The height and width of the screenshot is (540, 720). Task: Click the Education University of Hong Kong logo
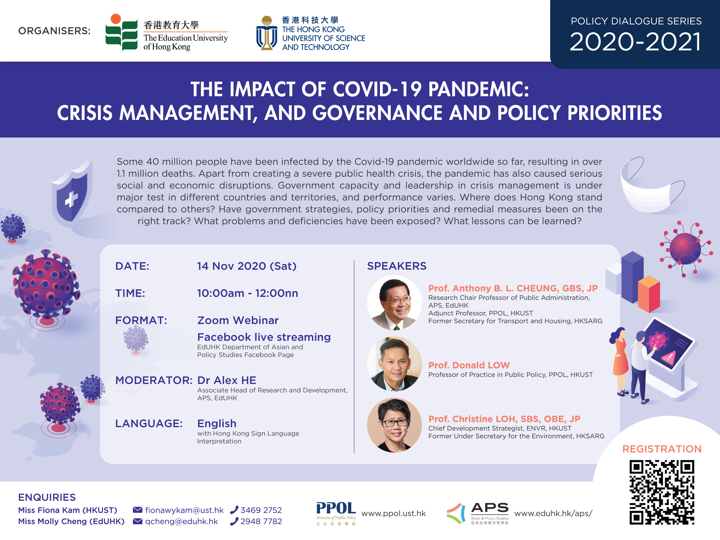(x=167, y=32)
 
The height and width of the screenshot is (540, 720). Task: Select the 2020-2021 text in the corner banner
(x=635, y=42)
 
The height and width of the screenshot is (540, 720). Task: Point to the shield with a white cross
(x=72, y=194)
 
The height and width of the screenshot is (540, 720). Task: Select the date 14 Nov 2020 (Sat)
(x=247, y=266)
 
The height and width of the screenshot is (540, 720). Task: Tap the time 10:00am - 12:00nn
(x=247, y=293)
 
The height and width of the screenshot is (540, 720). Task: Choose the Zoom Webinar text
(x=238, y=320)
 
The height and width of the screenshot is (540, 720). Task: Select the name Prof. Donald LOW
(x=469, y=365)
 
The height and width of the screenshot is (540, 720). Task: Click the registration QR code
(x=662, y=492)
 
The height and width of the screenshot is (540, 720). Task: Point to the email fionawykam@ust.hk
(x=184, y=510)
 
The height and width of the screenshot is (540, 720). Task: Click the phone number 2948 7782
(x=261, y=521)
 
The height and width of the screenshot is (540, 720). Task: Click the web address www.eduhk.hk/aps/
(x=553, y=513)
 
